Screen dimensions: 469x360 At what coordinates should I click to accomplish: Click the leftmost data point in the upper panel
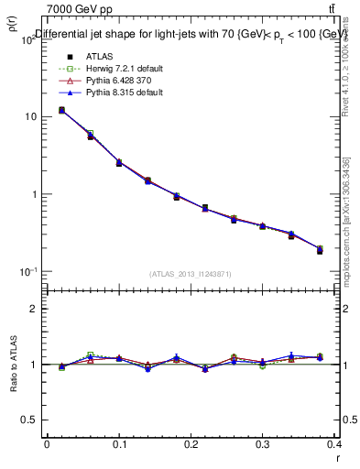pyautogui.click(x=61, y=110)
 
